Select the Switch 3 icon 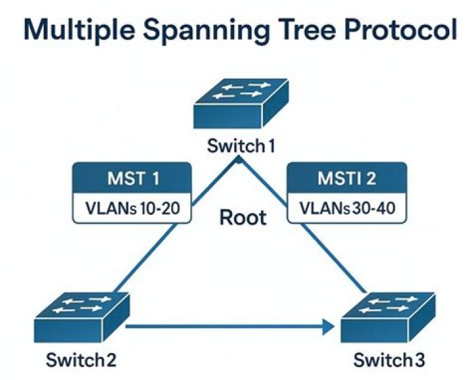(x=389, y=316)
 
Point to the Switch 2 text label (x=82, y=360)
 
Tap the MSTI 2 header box (x=347, y=178)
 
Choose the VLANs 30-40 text (x=347, y=209)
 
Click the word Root (x=243, y=217)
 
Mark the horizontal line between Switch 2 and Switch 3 (x=223, y=326)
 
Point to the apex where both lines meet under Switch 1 (x=241, y=159)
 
